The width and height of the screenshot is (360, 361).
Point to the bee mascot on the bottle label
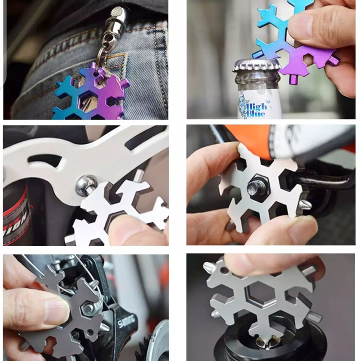pos(242,104)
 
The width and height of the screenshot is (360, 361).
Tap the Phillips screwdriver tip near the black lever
pos(304,204)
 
